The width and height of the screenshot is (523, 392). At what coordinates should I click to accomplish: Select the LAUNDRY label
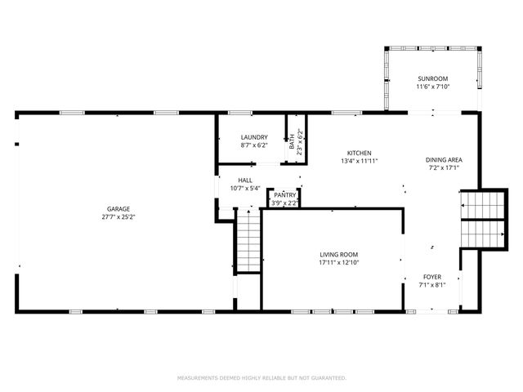tap(254, 136)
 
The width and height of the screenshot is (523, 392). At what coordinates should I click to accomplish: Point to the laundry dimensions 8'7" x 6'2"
tap(254, 145)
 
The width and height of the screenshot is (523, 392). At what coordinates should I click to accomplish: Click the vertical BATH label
tap(293, 141)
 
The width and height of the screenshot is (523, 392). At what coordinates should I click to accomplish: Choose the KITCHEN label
tap(360, 153)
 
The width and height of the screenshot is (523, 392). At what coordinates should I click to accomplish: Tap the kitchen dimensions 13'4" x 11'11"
tap(360, 161)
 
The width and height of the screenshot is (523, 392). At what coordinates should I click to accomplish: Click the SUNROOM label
tap(433, 78)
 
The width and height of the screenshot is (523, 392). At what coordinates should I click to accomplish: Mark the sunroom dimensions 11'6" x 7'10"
tap(433, 87)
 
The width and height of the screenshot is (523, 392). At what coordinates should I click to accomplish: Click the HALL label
tap(245, 180)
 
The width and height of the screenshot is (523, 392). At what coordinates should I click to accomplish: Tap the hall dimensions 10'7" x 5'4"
tap(245, 189)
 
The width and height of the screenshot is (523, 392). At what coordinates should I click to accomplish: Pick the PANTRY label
tap(284, 195)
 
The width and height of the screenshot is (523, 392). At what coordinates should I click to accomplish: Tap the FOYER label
tap(432, 278)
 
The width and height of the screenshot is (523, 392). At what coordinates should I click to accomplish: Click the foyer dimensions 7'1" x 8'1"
tap(432, 286)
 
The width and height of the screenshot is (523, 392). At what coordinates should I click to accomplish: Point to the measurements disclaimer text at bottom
tap(261, 378)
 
